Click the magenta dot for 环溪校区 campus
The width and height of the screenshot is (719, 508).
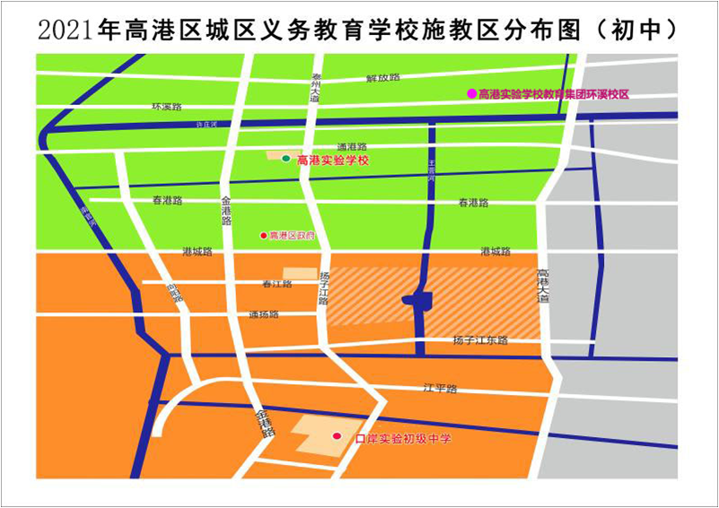tap(470, 93)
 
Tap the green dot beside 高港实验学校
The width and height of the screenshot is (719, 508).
tap(286, 159)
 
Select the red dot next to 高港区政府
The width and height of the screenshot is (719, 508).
tap(263, 235)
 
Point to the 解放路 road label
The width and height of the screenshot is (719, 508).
tap(382, 78)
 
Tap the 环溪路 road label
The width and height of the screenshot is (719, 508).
tap(166, 106)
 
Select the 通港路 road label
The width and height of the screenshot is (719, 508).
tap(352, 146)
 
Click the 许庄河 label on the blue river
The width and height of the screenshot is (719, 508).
tap(207, 127)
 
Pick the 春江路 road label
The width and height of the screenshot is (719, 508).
tap(277, 285)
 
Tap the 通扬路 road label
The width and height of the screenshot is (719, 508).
tap(264, 315)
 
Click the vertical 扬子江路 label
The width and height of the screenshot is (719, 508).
tap(324, 289)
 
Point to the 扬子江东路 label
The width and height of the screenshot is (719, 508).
tap(480, 341)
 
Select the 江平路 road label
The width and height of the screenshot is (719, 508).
tap(441, 389)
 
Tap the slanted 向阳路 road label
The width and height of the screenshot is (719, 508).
tap(174, 292)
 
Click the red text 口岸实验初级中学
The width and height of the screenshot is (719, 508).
tap(402, 439)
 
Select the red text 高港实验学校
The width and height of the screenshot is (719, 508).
tap(333, 160)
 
